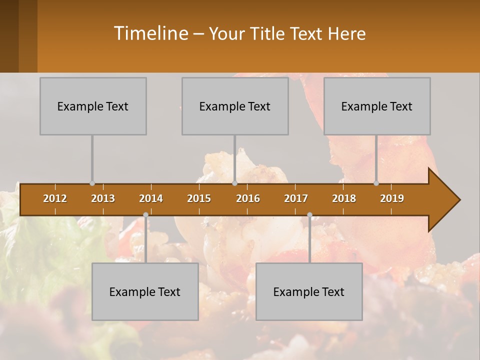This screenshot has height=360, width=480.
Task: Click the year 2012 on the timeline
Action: coord(55,198)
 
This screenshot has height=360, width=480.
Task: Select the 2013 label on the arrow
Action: coord(103,198)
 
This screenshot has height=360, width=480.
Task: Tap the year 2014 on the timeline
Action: coord(151,198)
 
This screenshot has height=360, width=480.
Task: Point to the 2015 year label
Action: coord(199,198)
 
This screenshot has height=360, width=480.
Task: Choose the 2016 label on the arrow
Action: coord(248,198)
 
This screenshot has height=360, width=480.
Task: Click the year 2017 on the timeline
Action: coord(296,198)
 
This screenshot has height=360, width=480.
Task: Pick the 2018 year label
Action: coord(344,198)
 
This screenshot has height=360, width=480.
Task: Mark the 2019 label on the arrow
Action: coord(392,198)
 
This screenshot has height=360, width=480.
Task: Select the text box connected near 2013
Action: coord(93,106)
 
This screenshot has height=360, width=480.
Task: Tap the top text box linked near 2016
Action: coord(235,106)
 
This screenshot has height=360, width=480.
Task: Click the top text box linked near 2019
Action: coord(377,106)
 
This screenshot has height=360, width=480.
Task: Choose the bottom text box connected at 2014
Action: coord(145,291)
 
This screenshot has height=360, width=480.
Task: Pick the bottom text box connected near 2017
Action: coord(309,291)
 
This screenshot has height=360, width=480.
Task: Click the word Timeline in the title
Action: coord(150,33)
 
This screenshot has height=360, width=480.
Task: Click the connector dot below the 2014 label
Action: coord(145,215)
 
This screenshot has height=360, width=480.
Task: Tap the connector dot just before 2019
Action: coord(376,183)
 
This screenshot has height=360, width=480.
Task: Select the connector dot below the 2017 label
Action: coord(309,215)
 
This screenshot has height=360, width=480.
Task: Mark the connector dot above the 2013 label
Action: coord(92,183)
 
